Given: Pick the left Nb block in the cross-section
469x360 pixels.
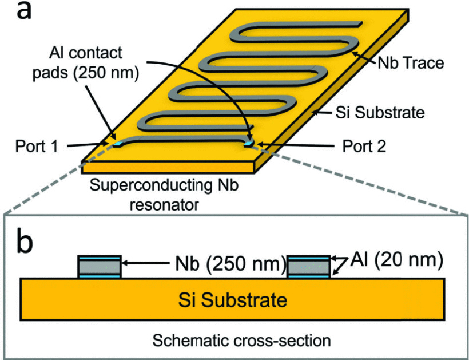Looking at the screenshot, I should tap(99, 267).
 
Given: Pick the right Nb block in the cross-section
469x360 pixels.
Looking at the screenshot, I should tap(308, 267).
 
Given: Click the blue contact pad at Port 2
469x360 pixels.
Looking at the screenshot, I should tap(248, 144).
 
